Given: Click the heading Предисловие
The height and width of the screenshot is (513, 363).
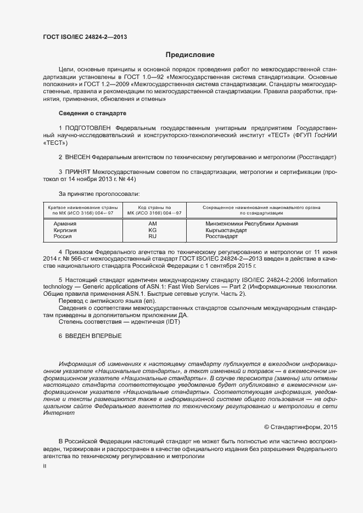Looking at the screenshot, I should click(190, 55).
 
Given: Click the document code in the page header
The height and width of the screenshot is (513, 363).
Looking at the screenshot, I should click(85, 37).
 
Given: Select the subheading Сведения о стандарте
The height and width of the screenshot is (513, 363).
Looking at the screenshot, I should click(92, 113).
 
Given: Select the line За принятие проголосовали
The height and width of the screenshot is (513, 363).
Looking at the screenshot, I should click(99, 194).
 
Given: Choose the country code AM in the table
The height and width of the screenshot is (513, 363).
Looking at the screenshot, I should click(153, 224).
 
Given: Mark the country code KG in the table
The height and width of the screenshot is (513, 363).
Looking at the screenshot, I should click(153, 230).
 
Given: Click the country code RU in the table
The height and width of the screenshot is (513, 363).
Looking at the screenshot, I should click(153, 237).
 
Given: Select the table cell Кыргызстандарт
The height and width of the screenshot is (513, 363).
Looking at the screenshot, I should click(226, 230).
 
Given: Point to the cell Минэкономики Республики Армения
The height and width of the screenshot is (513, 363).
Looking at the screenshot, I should click(252, 224).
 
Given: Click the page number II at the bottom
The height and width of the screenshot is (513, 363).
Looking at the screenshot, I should click(44, 466).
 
